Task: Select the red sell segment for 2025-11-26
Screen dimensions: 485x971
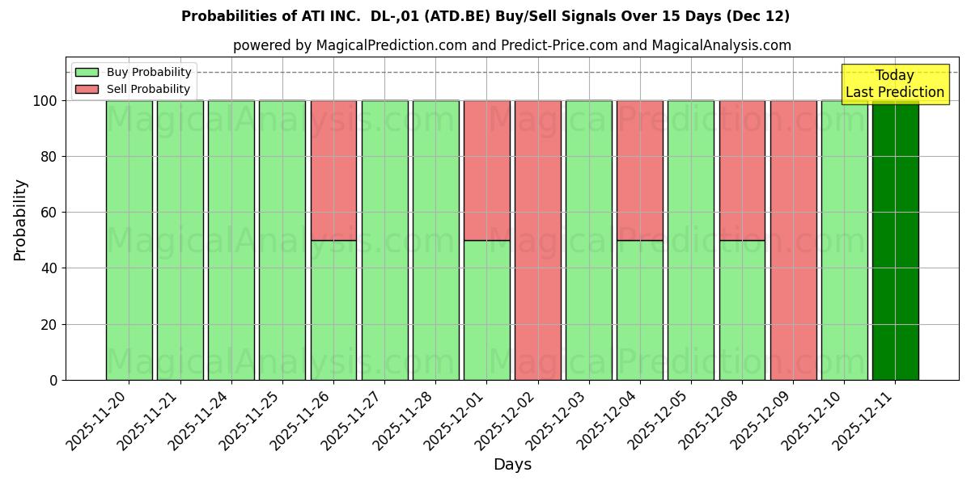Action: coord(333,170)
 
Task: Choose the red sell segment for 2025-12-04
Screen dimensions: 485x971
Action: coord(640,170)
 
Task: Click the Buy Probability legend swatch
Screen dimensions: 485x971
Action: coord(87,72)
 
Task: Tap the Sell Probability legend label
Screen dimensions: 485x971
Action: coord(148,89)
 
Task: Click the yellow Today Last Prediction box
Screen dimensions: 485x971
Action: coord(894,84)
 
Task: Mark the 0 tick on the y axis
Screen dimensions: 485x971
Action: coord(53,380)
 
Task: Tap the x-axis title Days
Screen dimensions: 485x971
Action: coord(512,465)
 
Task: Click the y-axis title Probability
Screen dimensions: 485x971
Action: coord(20,220)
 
